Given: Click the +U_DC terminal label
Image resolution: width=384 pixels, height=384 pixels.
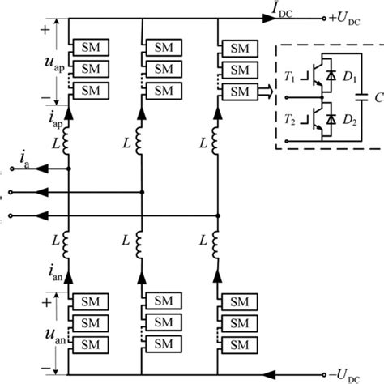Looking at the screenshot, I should [348, 18].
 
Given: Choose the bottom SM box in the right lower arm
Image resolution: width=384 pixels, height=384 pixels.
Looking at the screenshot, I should [238, 343].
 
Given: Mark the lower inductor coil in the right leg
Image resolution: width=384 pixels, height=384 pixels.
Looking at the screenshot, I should [218, 243].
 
